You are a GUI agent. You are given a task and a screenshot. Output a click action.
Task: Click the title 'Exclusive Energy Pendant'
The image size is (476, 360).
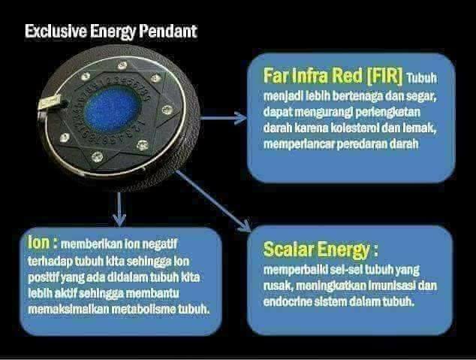pyautogui.click(x=111, y=32)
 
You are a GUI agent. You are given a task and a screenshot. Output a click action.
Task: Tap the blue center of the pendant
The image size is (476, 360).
pyautogui.click(x=113, y=110)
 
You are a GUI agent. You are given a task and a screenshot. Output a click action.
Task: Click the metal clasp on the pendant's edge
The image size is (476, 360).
pyautogui.click(x=50, y=101)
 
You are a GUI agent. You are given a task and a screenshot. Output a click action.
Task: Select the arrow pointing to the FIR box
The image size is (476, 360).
pyautogui.click(x=224, y=118)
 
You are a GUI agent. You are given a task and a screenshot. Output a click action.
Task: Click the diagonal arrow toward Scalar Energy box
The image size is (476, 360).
pyautogui.click(x=213, y=201)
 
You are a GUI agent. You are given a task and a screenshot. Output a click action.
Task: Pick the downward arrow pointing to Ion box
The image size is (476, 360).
pyautogui.click(x=119, y=209)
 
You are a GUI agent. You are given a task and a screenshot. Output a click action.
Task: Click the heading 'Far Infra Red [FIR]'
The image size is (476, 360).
pyautogui.click(x=333, y=76)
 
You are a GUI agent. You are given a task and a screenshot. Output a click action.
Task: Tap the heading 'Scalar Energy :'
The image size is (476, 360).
pyautogui.click(x=321, y=250)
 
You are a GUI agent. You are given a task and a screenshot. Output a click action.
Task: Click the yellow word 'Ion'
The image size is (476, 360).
pyautogui.click(x=38, y=243)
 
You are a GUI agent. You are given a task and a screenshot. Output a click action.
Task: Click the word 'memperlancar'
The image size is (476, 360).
pyautogui.click(x=299, y=144)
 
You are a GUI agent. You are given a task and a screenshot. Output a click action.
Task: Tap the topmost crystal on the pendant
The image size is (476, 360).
pyautogui.click(x=122, y=65)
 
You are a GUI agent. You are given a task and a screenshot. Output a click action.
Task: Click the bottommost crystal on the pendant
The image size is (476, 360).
pyautogui.click(x=97, y=156)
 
